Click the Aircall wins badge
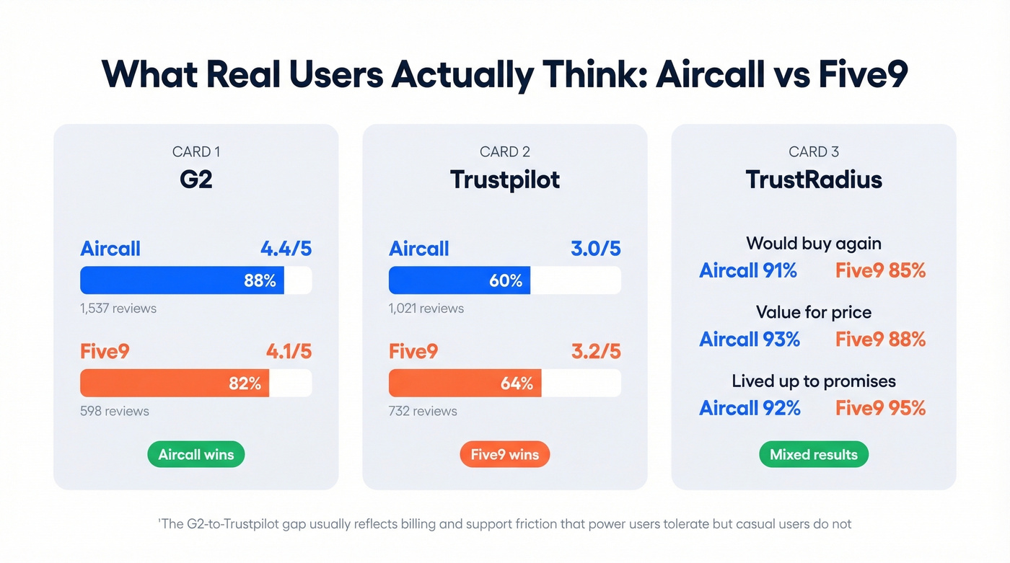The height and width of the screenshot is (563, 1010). (196, 455)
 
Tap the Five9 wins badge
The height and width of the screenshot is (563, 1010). (504, 455)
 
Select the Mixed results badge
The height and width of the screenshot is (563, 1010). (813, 455)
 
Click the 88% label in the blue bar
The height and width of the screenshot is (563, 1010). (260, 280)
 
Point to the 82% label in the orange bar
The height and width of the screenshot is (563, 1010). (245, 384)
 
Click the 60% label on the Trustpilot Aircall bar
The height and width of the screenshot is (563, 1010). (506, 280)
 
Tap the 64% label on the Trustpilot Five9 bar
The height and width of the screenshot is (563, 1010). (517, 384)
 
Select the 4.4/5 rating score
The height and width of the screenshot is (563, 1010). (286, 249)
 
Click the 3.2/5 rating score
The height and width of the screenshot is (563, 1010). (594, 352)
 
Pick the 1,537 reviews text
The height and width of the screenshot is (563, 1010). (118, 309)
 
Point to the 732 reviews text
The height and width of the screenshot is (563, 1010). (423, 412)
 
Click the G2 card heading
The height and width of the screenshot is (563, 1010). (196, 179)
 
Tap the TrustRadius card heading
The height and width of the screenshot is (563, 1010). (813, 179)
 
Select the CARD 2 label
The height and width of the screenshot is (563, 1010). (504, 151)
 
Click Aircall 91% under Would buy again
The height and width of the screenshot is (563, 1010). (748, 270)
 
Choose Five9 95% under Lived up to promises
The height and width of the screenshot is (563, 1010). (880, 408)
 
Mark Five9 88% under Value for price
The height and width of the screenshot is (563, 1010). (880, 339)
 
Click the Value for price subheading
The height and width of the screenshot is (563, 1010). (813, 312)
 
